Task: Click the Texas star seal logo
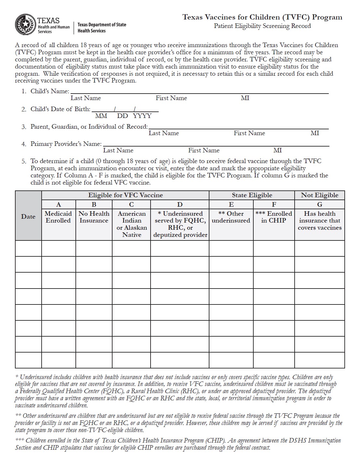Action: tap(25, 24)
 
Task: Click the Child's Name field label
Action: tap(50, 91)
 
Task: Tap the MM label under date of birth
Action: tap(101, 116)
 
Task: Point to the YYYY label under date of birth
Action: tap(142, 116)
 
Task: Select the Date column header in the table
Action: tap(28, 217)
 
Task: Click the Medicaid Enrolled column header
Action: tap(58, 217)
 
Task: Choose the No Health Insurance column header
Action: tap(94, 217)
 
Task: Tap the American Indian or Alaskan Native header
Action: tap(131, 224)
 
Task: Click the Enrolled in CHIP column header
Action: tap(273, 217)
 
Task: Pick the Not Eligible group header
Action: tap(319, 195)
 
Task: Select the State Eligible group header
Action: tap(252, 195)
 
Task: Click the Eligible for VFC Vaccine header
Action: tap(125, 195)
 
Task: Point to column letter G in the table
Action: tap(319, 204)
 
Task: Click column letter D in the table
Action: tap(180, 204)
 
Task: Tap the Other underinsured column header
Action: tap(231, 217)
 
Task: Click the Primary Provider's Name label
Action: tap(66, 144)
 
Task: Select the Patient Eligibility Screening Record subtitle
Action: tap(262, 26)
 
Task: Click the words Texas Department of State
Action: tap(102, 25)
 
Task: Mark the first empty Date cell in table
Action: tap(28, 248)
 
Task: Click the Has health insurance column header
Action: tap(319, 221)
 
